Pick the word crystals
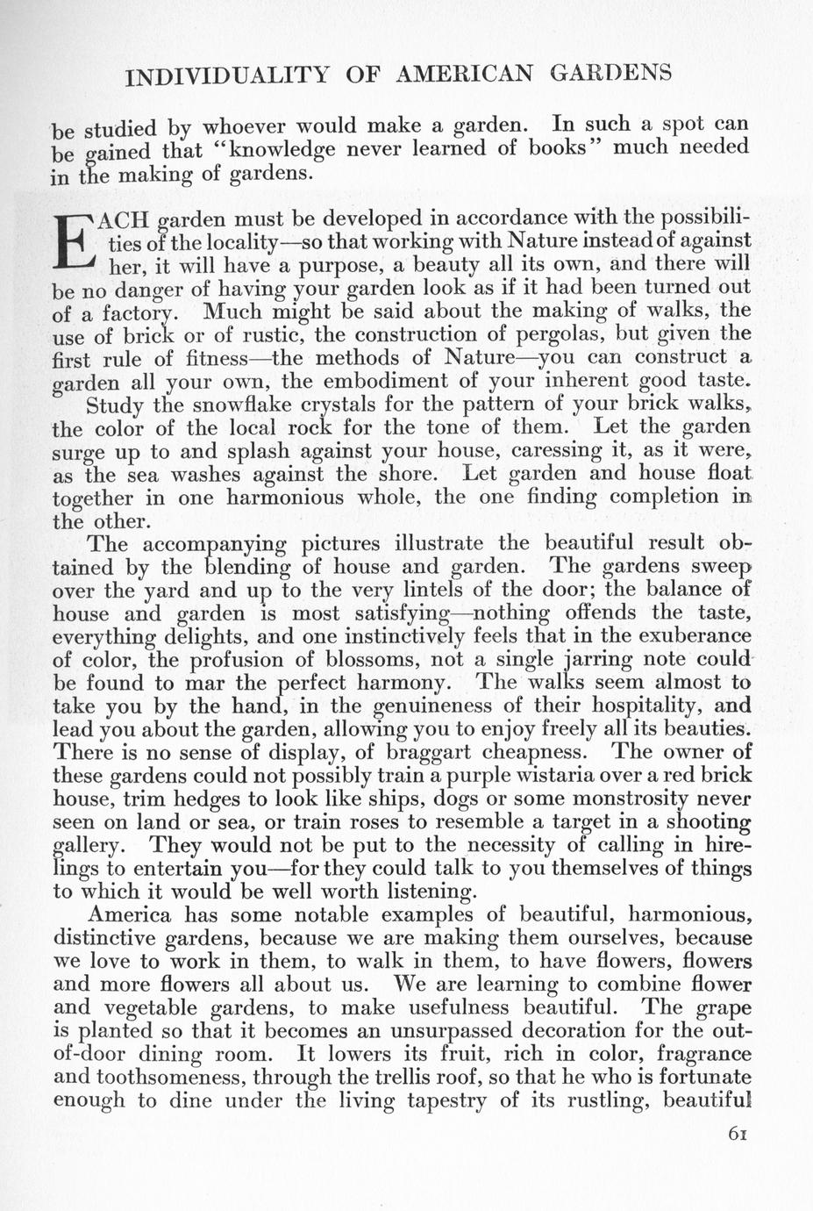point(345,405)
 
